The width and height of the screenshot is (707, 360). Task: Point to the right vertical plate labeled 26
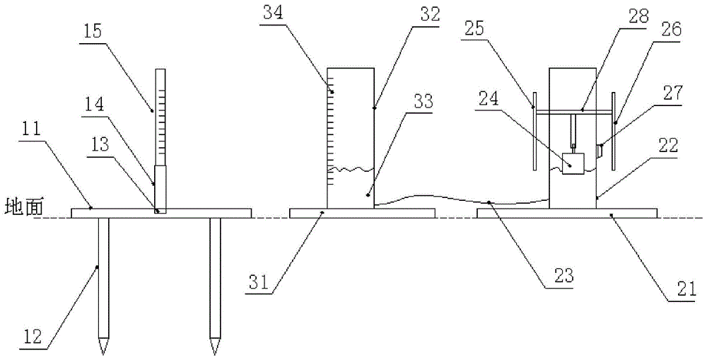tap(612, 131)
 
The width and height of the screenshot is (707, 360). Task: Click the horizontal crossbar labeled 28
tap(573, 113)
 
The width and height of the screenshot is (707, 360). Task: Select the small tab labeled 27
tap(600, 150)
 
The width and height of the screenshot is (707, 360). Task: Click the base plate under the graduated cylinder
tap(362, 212)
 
